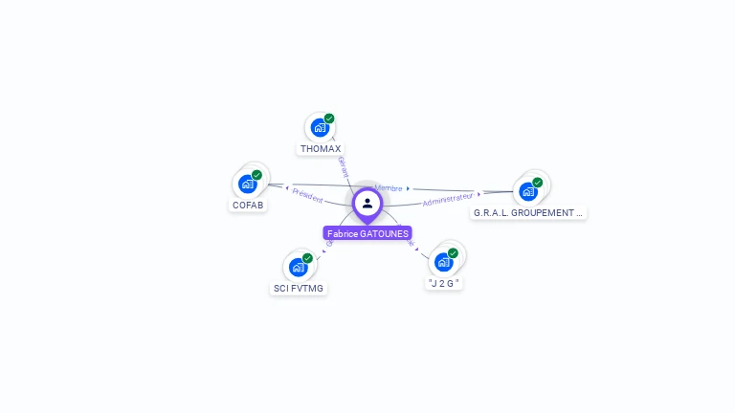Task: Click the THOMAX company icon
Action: point(319,127)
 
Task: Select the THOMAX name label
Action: point(321,149)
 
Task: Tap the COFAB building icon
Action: point(248,184)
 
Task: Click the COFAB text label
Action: point(248,206)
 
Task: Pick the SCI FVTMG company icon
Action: point(299,267)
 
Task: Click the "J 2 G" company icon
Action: point(443,262)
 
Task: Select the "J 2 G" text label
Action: point(444,284)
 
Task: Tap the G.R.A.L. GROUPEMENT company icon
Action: point(528,191)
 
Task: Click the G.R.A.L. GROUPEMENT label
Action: point(528,213)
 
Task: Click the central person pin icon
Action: point(367,203)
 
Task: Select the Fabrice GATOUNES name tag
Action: point(367,233)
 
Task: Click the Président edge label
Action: point(307,196)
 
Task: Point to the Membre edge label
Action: point(389,188)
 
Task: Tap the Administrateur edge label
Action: point(448,199)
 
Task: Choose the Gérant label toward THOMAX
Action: point(343,166)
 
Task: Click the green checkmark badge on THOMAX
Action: point(329,119)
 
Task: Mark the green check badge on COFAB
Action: point(256,175)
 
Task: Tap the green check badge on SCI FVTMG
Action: point(307,258)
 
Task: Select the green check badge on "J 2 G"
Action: point(453,253)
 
